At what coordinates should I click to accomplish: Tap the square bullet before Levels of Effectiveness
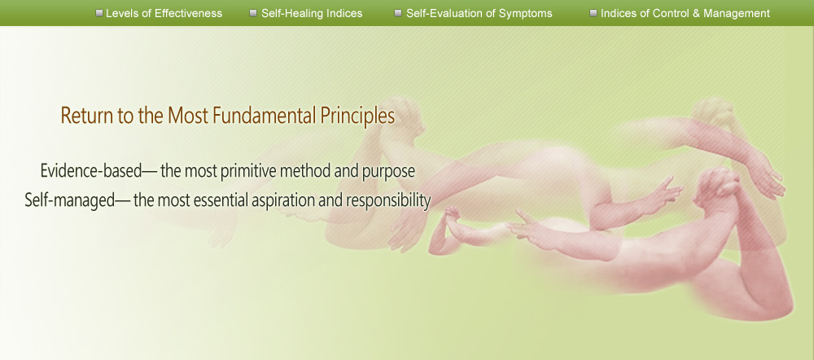point(99,13)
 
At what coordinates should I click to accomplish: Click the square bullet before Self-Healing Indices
point(253,13)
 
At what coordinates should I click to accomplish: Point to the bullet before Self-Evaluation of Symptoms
point(398,13)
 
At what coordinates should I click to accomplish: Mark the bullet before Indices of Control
point(593,13)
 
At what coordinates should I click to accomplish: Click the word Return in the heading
point(87,116)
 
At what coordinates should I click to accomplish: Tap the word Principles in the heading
point(357,116)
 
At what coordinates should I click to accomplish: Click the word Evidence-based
point(91,170)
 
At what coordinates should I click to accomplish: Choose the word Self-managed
point(70,200)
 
